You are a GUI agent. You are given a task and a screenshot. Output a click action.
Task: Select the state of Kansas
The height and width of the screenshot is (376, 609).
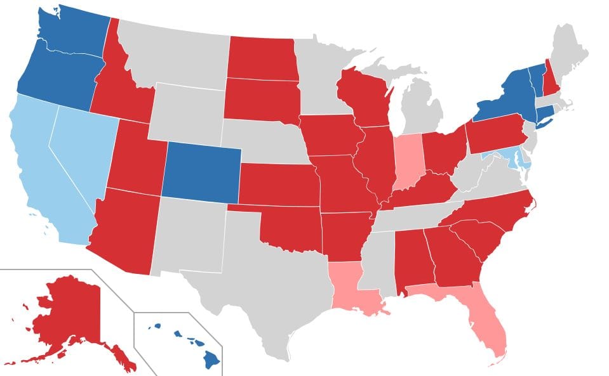pyautogui.click(x=279, y=184)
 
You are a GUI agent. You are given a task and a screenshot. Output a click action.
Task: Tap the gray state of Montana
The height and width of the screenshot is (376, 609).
pyautogui.click(x=175, y=54)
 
